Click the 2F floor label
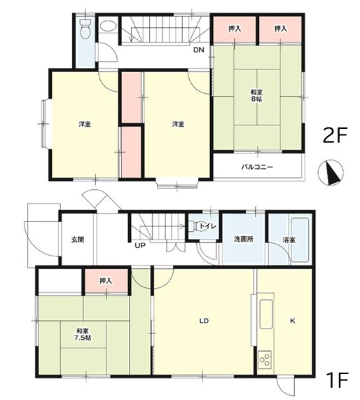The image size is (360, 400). (335, 136)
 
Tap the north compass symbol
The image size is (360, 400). (331, 172)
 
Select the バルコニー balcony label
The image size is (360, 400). (257, 167)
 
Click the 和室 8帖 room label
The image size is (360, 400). (256, 95)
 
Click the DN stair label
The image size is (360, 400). (198, 50)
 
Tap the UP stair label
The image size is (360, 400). (140, 246)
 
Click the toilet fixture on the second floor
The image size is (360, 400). (85, 29)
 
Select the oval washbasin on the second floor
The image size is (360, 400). (108, 26)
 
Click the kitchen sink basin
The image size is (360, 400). (266, 315)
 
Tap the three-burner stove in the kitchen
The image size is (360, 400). (265, 359)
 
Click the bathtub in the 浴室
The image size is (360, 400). (300, 240)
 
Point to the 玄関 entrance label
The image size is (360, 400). (78, 240)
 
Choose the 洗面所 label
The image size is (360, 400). (244, 240)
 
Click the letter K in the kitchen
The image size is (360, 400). (292, 321)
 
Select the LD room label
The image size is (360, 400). (204, 321)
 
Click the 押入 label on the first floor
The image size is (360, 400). (106, 281)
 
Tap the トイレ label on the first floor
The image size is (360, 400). (208, 226)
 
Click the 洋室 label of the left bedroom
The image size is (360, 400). (85, 124)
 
